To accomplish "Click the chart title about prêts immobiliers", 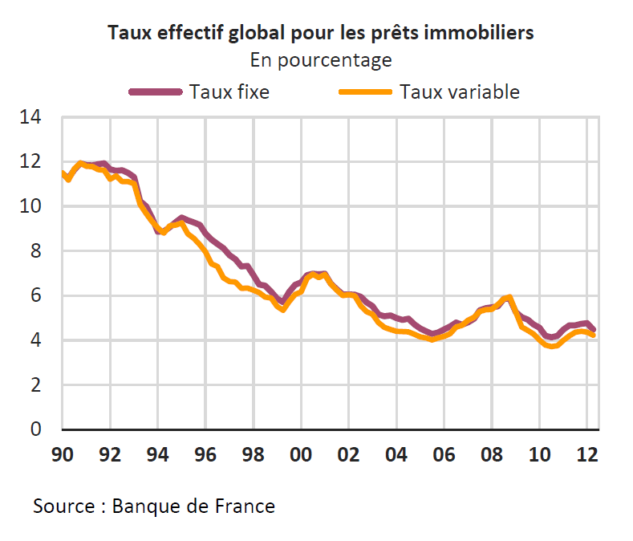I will (x=320, y=33).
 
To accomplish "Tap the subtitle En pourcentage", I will (x=320, y=60).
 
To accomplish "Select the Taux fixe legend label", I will (x=229, y=92).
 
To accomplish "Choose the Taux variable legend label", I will (x=460, y=92).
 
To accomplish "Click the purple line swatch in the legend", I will (x=156, y=92).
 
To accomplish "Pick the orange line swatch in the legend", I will (x=366, y=92).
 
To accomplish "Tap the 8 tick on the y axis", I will (x=34, y=251).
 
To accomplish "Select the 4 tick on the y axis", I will (x=34, y=340).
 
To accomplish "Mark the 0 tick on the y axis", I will (x=34, y=429).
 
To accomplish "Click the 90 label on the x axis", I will (x=63, y=454).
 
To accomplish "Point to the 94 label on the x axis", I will (x=158, y=454).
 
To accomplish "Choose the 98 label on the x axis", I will (x=254, y=454).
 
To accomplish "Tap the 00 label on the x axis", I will (x=301, y=454).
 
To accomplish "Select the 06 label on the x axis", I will (x=444, y=454).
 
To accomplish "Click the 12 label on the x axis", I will (x=586, y=454).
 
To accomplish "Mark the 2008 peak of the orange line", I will (x=509, y=298).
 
